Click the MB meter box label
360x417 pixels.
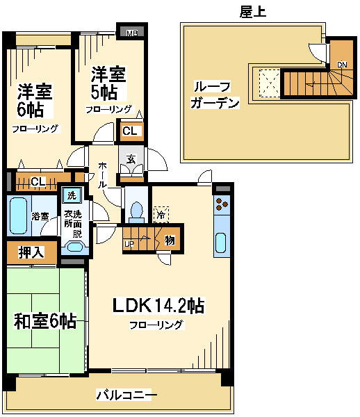coord(132,33)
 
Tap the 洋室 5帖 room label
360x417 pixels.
coord(108,83)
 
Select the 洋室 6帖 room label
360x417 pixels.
coord(35,101)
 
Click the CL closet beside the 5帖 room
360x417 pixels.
coord(130,131)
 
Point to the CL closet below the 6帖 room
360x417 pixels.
coord(38,181)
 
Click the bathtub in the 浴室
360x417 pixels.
coord(18,216)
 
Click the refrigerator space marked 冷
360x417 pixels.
coord(161,215)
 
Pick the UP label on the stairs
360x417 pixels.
coord(129,244)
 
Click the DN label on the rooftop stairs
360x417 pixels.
coord(342,65)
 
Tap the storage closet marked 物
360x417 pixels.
coord(170,240)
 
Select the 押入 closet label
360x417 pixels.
coord(31,252)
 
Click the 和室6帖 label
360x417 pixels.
coord(45,321)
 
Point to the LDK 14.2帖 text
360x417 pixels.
coord(158,306)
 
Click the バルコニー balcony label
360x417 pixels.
coord(126,395)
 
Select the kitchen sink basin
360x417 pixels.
coord(221,243)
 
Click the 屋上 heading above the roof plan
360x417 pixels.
coord(253,12)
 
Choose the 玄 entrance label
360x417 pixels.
coord(131,159)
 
